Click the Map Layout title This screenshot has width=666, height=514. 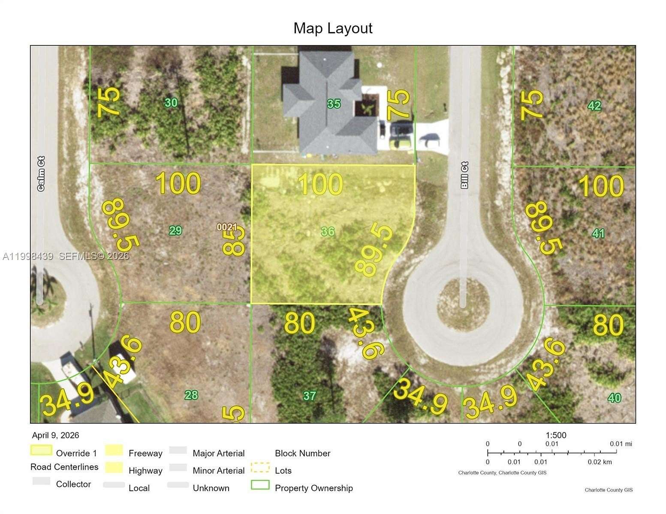333,28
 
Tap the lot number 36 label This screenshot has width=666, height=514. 328,232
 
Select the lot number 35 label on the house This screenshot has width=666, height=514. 334,104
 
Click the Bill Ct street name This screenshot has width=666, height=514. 464,175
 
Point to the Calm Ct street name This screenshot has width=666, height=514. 41,173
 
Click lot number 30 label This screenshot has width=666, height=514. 171,103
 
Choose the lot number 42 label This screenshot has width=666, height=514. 594,105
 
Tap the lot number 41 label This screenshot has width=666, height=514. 598,233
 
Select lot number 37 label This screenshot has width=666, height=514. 310,396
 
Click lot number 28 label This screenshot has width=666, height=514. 191,395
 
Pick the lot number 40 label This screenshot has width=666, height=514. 615,398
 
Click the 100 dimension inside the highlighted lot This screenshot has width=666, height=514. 321,185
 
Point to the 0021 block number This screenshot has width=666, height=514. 227,227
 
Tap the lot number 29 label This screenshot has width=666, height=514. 175,231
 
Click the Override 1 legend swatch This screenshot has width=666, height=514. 41,451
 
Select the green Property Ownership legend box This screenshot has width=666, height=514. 260,485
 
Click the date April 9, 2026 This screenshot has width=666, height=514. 56,435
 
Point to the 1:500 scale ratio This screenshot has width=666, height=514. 556,435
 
